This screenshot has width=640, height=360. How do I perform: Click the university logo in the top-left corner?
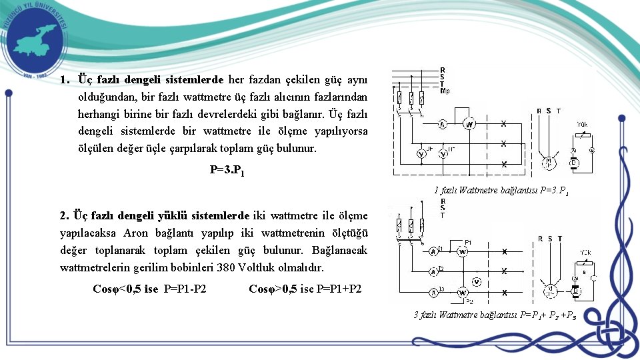[x=35, y=39]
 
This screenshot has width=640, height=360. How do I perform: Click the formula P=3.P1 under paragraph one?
[x=227, y=170]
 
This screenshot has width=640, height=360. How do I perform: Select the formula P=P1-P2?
[x=185, y=289]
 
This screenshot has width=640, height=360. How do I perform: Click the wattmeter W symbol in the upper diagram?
[x=469, y=124]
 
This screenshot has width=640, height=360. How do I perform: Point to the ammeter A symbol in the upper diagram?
[x=441, y=125]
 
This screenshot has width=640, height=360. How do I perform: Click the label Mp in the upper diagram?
[x=445, y=90]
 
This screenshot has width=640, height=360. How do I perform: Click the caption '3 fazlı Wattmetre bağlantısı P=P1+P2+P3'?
[x=495, y=315]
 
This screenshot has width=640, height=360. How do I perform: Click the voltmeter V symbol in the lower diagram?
[x=476, y=281]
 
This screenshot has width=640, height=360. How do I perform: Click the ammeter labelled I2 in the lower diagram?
[x=433, y=271]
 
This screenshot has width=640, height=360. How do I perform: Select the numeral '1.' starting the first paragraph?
[x=64, y=80]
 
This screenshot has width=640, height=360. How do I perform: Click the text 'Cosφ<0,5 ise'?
[x=125, y=289]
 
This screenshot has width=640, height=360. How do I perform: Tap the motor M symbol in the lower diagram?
[x=550, y=289]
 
